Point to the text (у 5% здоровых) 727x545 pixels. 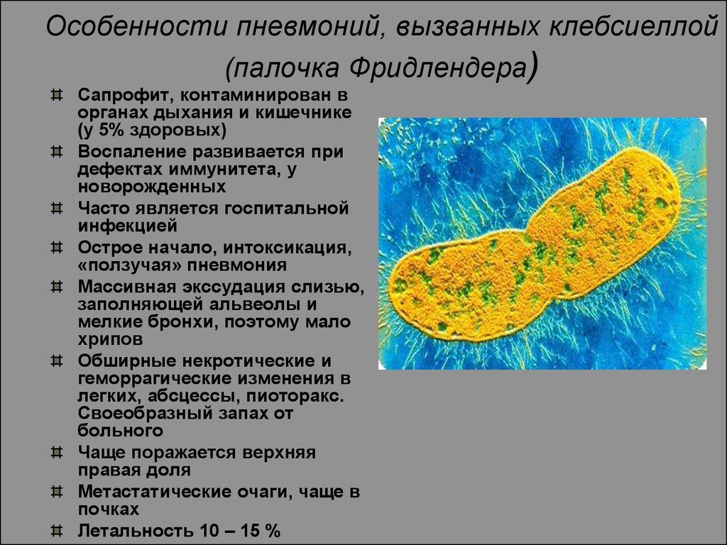pos(152,130)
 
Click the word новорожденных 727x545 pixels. pos(152,187)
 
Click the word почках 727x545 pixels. pos(108,509)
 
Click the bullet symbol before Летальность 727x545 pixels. pos(57,530)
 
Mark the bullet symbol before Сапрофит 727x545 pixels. pos(57,95)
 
